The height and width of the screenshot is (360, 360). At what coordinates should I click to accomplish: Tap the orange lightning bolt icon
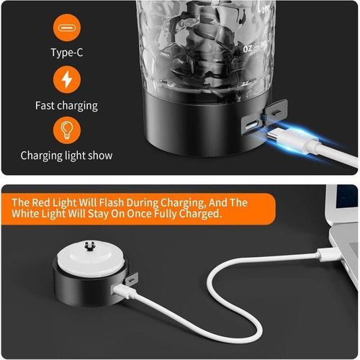(x=67, y=79)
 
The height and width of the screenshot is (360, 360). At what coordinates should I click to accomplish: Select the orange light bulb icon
(x=67, y=130)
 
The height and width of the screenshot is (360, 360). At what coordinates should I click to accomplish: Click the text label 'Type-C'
(x=67, y=53)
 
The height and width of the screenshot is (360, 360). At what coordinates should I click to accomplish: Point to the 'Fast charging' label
(x=66, y=105)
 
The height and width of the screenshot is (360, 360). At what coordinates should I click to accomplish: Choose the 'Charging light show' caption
(x=66, y=155)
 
